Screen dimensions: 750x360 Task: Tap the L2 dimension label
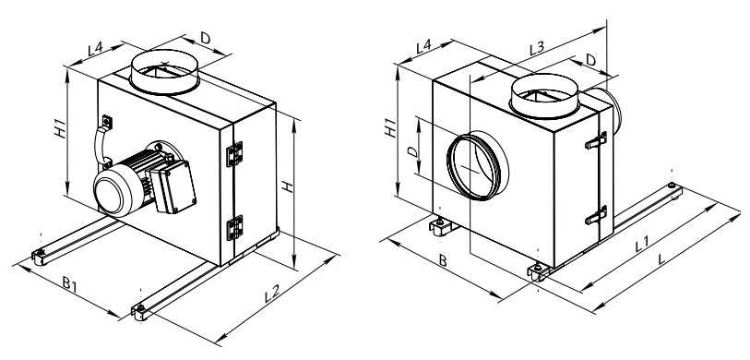pyautogui.click(x=272, y=293)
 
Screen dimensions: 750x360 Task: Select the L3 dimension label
pyautogui.click(x=537, y=48)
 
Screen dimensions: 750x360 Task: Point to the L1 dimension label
pyautogui.click(x=642, y=245)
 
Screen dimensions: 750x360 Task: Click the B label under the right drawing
pyautogui.click(x=443, y=261)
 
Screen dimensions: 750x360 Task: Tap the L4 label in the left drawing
pyautogui.click(x=96, y=48)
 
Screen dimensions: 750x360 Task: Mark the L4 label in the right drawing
pyautogui.click(x=423, y=47)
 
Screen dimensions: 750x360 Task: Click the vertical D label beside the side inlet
pyautogui.click(x=412, y=151)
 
